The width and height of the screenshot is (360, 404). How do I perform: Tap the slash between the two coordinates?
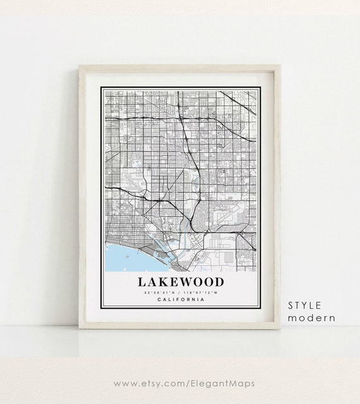click(x=181, y=292)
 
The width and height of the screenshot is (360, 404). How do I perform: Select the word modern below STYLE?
click(x=311, y=318)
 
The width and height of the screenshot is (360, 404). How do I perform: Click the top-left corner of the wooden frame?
click(x=80, y=65)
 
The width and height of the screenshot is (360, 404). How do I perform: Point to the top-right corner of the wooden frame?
click(x=279, y=65)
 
